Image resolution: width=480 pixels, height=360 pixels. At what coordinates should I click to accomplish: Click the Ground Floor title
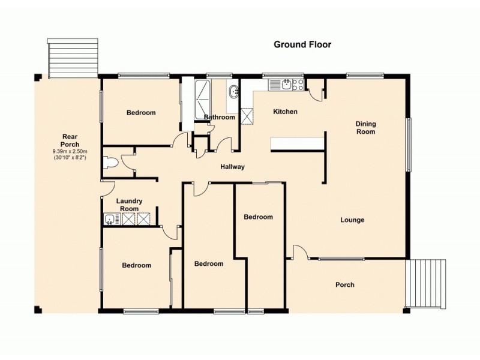(x=302, y=44)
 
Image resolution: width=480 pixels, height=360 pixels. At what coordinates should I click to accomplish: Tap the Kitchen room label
(x=285, y=112)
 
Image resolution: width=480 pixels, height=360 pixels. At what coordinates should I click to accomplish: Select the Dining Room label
(x=366, y=128)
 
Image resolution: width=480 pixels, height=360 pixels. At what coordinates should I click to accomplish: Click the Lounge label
(x=352, y=220)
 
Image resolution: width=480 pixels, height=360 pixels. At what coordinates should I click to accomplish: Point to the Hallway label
(x=232, y=167)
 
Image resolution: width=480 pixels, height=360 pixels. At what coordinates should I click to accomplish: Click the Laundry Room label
(x=128, y=205)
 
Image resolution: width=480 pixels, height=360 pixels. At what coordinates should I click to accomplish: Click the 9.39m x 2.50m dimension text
(x=70, y=152)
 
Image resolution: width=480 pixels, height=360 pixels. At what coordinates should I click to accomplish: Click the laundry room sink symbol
(x=109, y=219)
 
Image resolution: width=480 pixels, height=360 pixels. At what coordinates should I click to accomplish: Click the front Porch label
(x=344, y=285)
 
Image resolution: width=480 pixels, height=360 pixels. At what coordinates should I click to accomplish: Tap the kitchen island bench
(x=297, y=143)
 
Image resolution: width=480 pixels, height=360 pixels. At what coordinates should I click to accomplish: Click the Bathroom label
(x=219, y=117)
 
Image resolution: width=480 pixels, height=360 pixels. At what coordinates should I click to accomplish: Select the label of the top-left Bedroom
(x=141, y=113)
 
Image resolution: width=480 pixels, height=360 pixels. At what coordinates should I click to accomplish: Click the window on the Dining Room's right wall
(x=409, y=144)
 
